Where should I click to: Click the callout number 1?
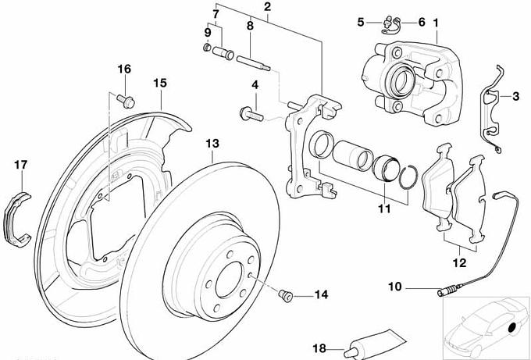436,23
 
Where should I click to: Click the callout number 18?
318,350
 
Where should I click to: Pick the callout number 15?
159,82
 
